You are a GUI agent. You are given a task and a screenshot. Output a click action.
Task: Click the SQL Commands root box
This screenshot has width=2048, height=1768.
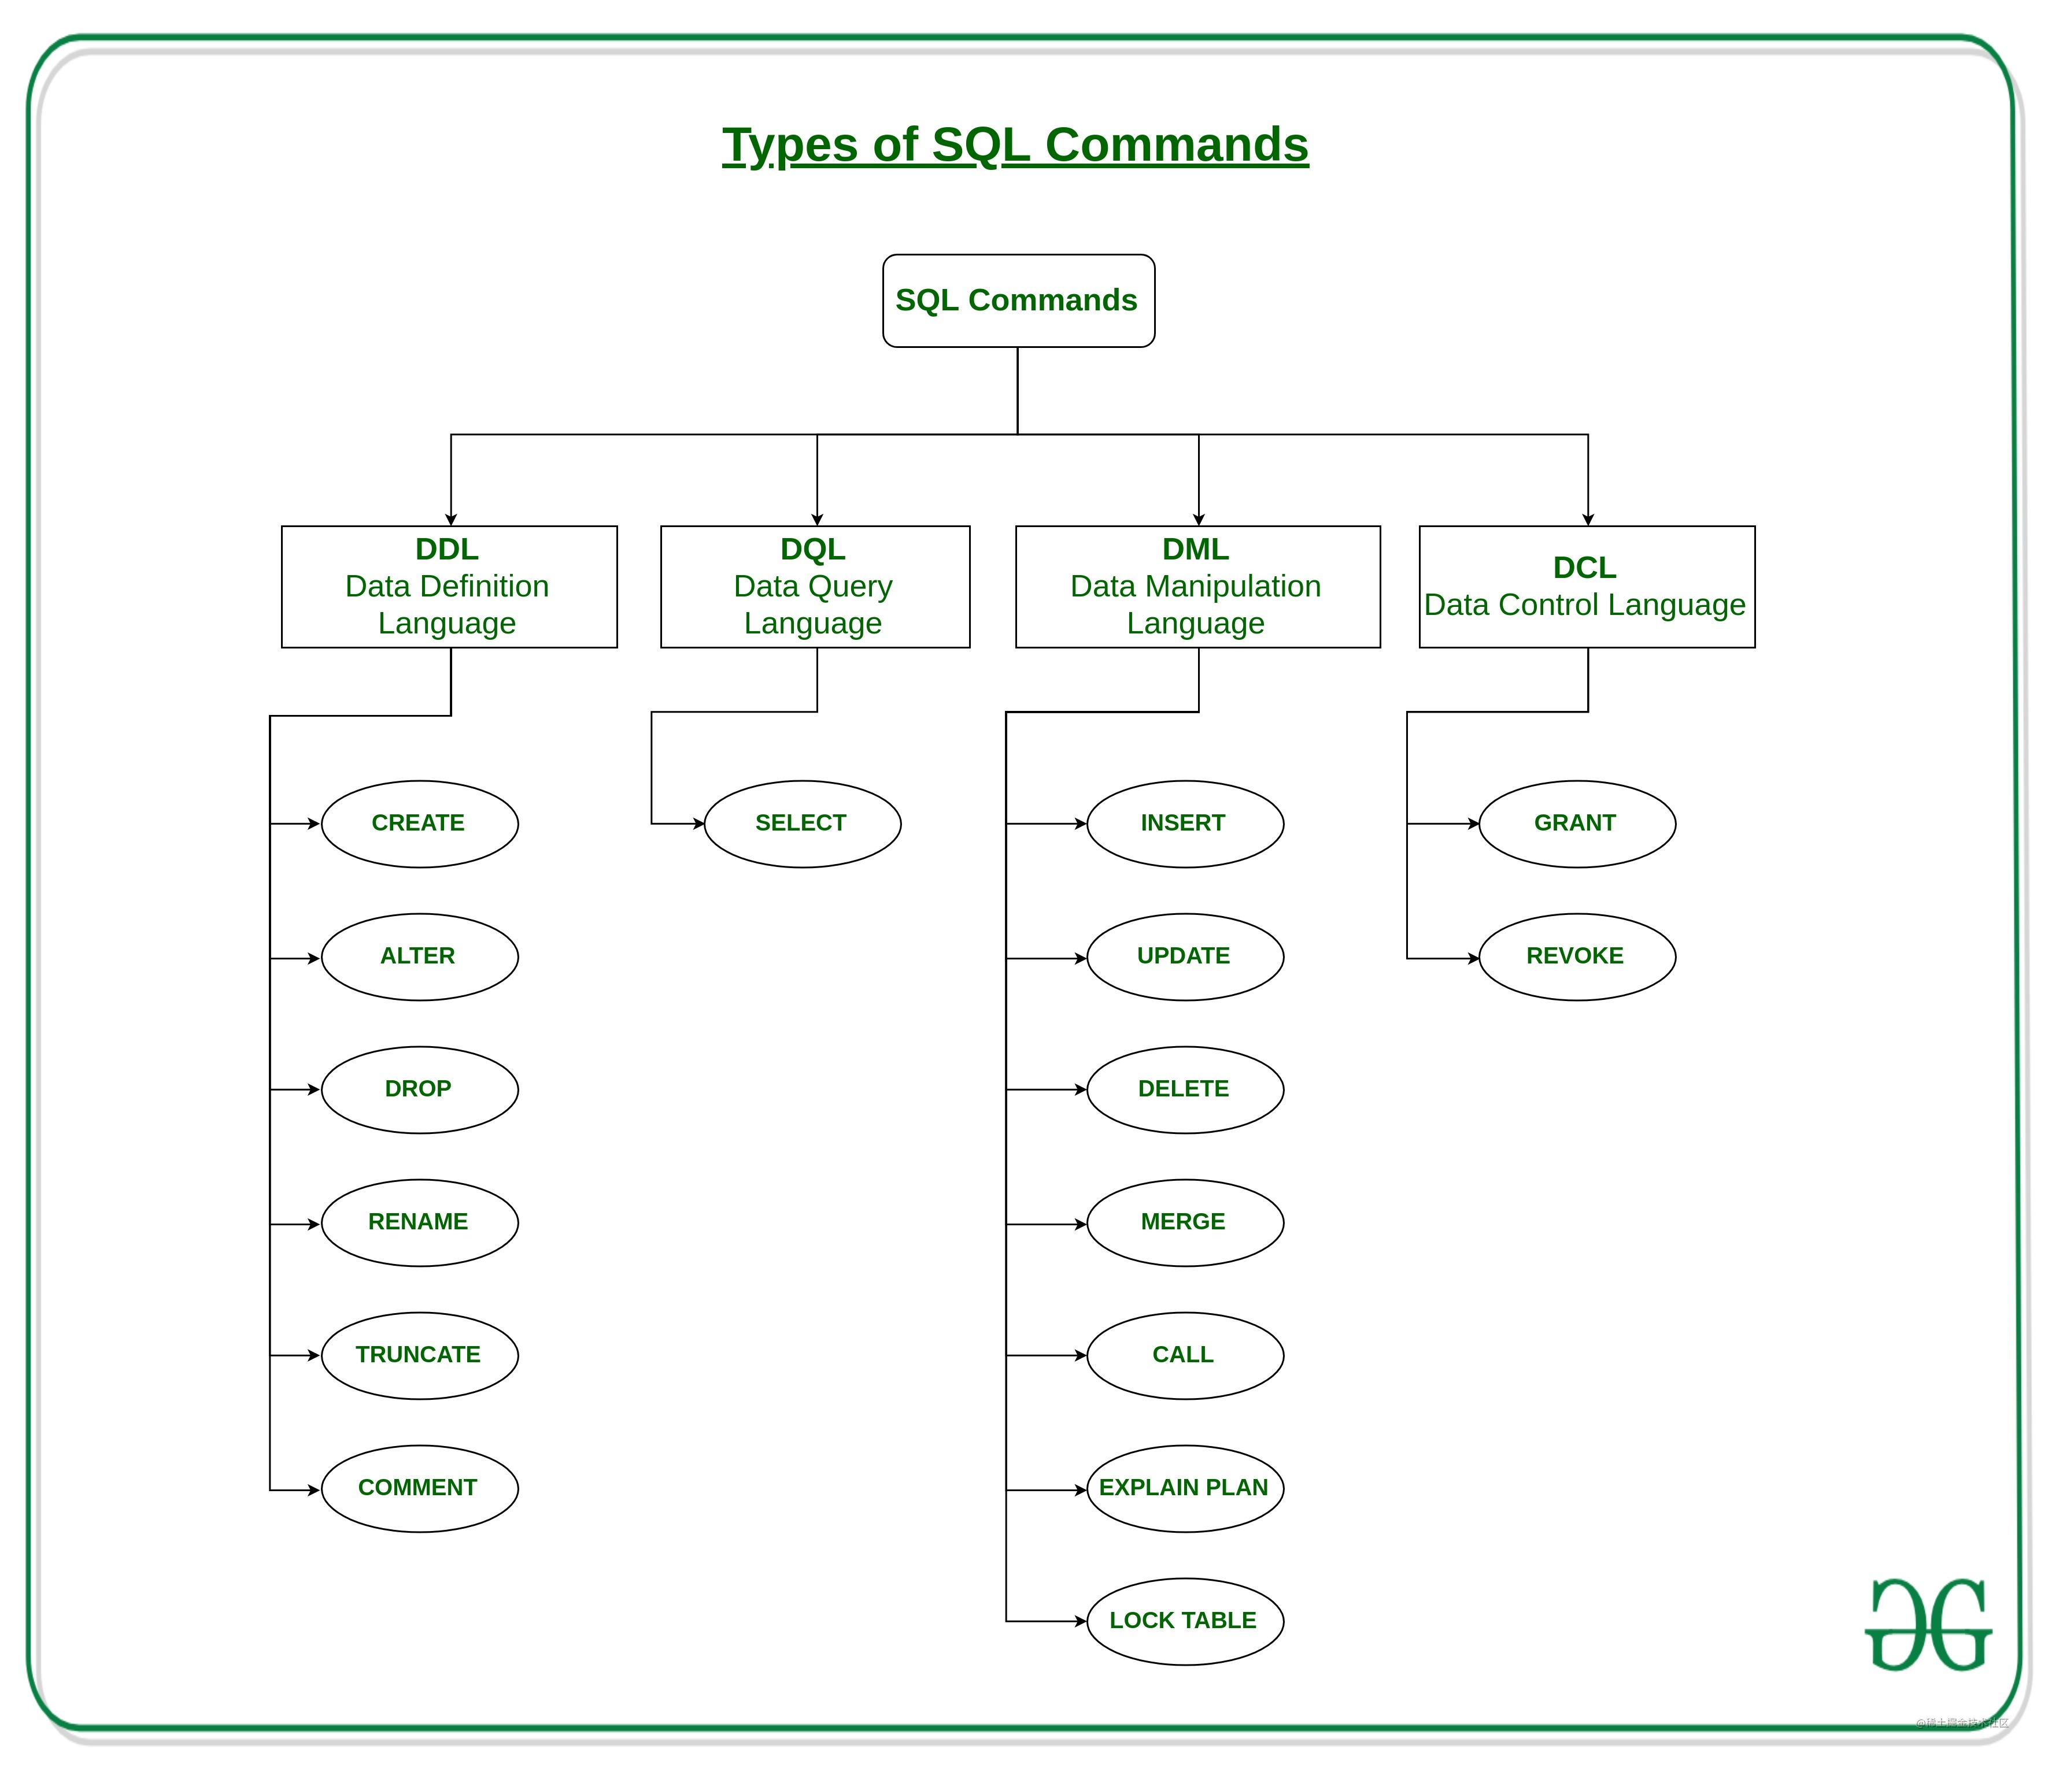pyautogui.click(x=1018, y=301)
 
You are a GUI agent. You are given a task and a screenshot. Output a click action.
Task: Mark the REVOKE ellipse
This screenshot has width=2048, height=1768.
pyautogui.click(x=1577, y=957)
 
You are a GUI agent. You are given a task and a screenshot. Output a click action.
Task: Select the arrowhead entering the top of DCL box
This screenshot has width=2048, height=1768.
pyautogui.click(x=1587, y=519)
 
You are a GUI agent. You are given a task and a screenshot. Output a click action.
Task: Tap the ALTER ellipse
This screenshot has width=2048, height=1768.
pyautogui.click(x=419, y=957)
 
